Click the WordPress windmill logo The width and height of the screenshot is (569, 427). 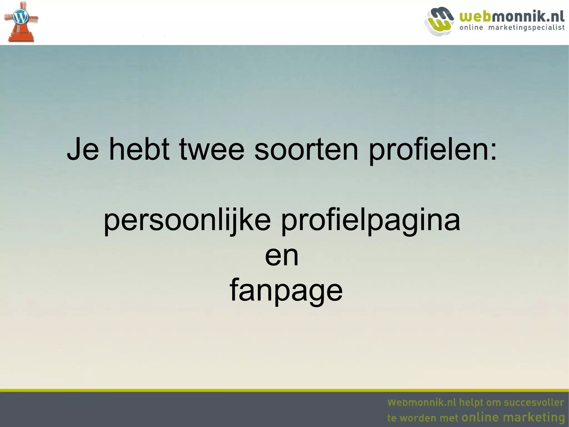click(21, 22)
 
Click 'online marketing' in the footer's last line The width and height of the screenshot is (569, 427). click(513, 417)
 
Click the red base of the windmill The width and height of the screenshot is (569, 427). click(21, 36)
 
